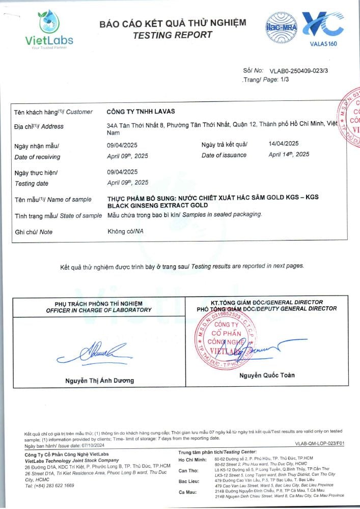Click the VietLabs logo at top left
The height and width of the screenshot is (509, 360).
pyautogui.click(x=49, y=29)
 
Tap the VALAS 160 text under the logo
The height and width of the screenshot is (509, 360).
pyautogui.click(x=323, y=44)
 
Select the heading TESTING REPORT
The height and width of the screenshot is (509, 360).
pyautogui.click(x=172, y=35)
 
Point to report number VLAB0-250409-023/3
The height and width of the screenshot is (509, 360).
pyautogui.click(x=299, y=70)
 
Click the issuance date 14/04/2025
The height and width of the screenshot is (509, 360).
pyautogui.click(x=283, y=144)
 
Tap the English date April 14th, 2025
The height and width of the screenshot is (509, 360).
pyautogui.click(x=288, y=154)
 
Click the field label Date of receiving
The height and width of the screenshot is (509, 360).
pyautogui.click(x=37, y=157)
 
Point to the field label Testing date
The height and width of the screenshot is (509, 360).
pyautogui.click(x=32, y=183)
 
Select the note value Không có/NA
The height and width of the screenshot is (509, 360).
pyautogui.click(x=125, y=231)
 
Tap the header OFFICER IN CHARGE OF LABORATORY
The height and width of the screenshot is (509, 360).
pyautogui.click(x=98, y=310)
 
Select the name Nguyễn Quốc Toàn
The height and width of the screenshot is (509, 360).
pyautogui.click(x=267, y=376)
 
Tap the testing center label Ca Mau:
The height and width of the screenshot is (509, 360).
pyautogui.click(x=188, y=492)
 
